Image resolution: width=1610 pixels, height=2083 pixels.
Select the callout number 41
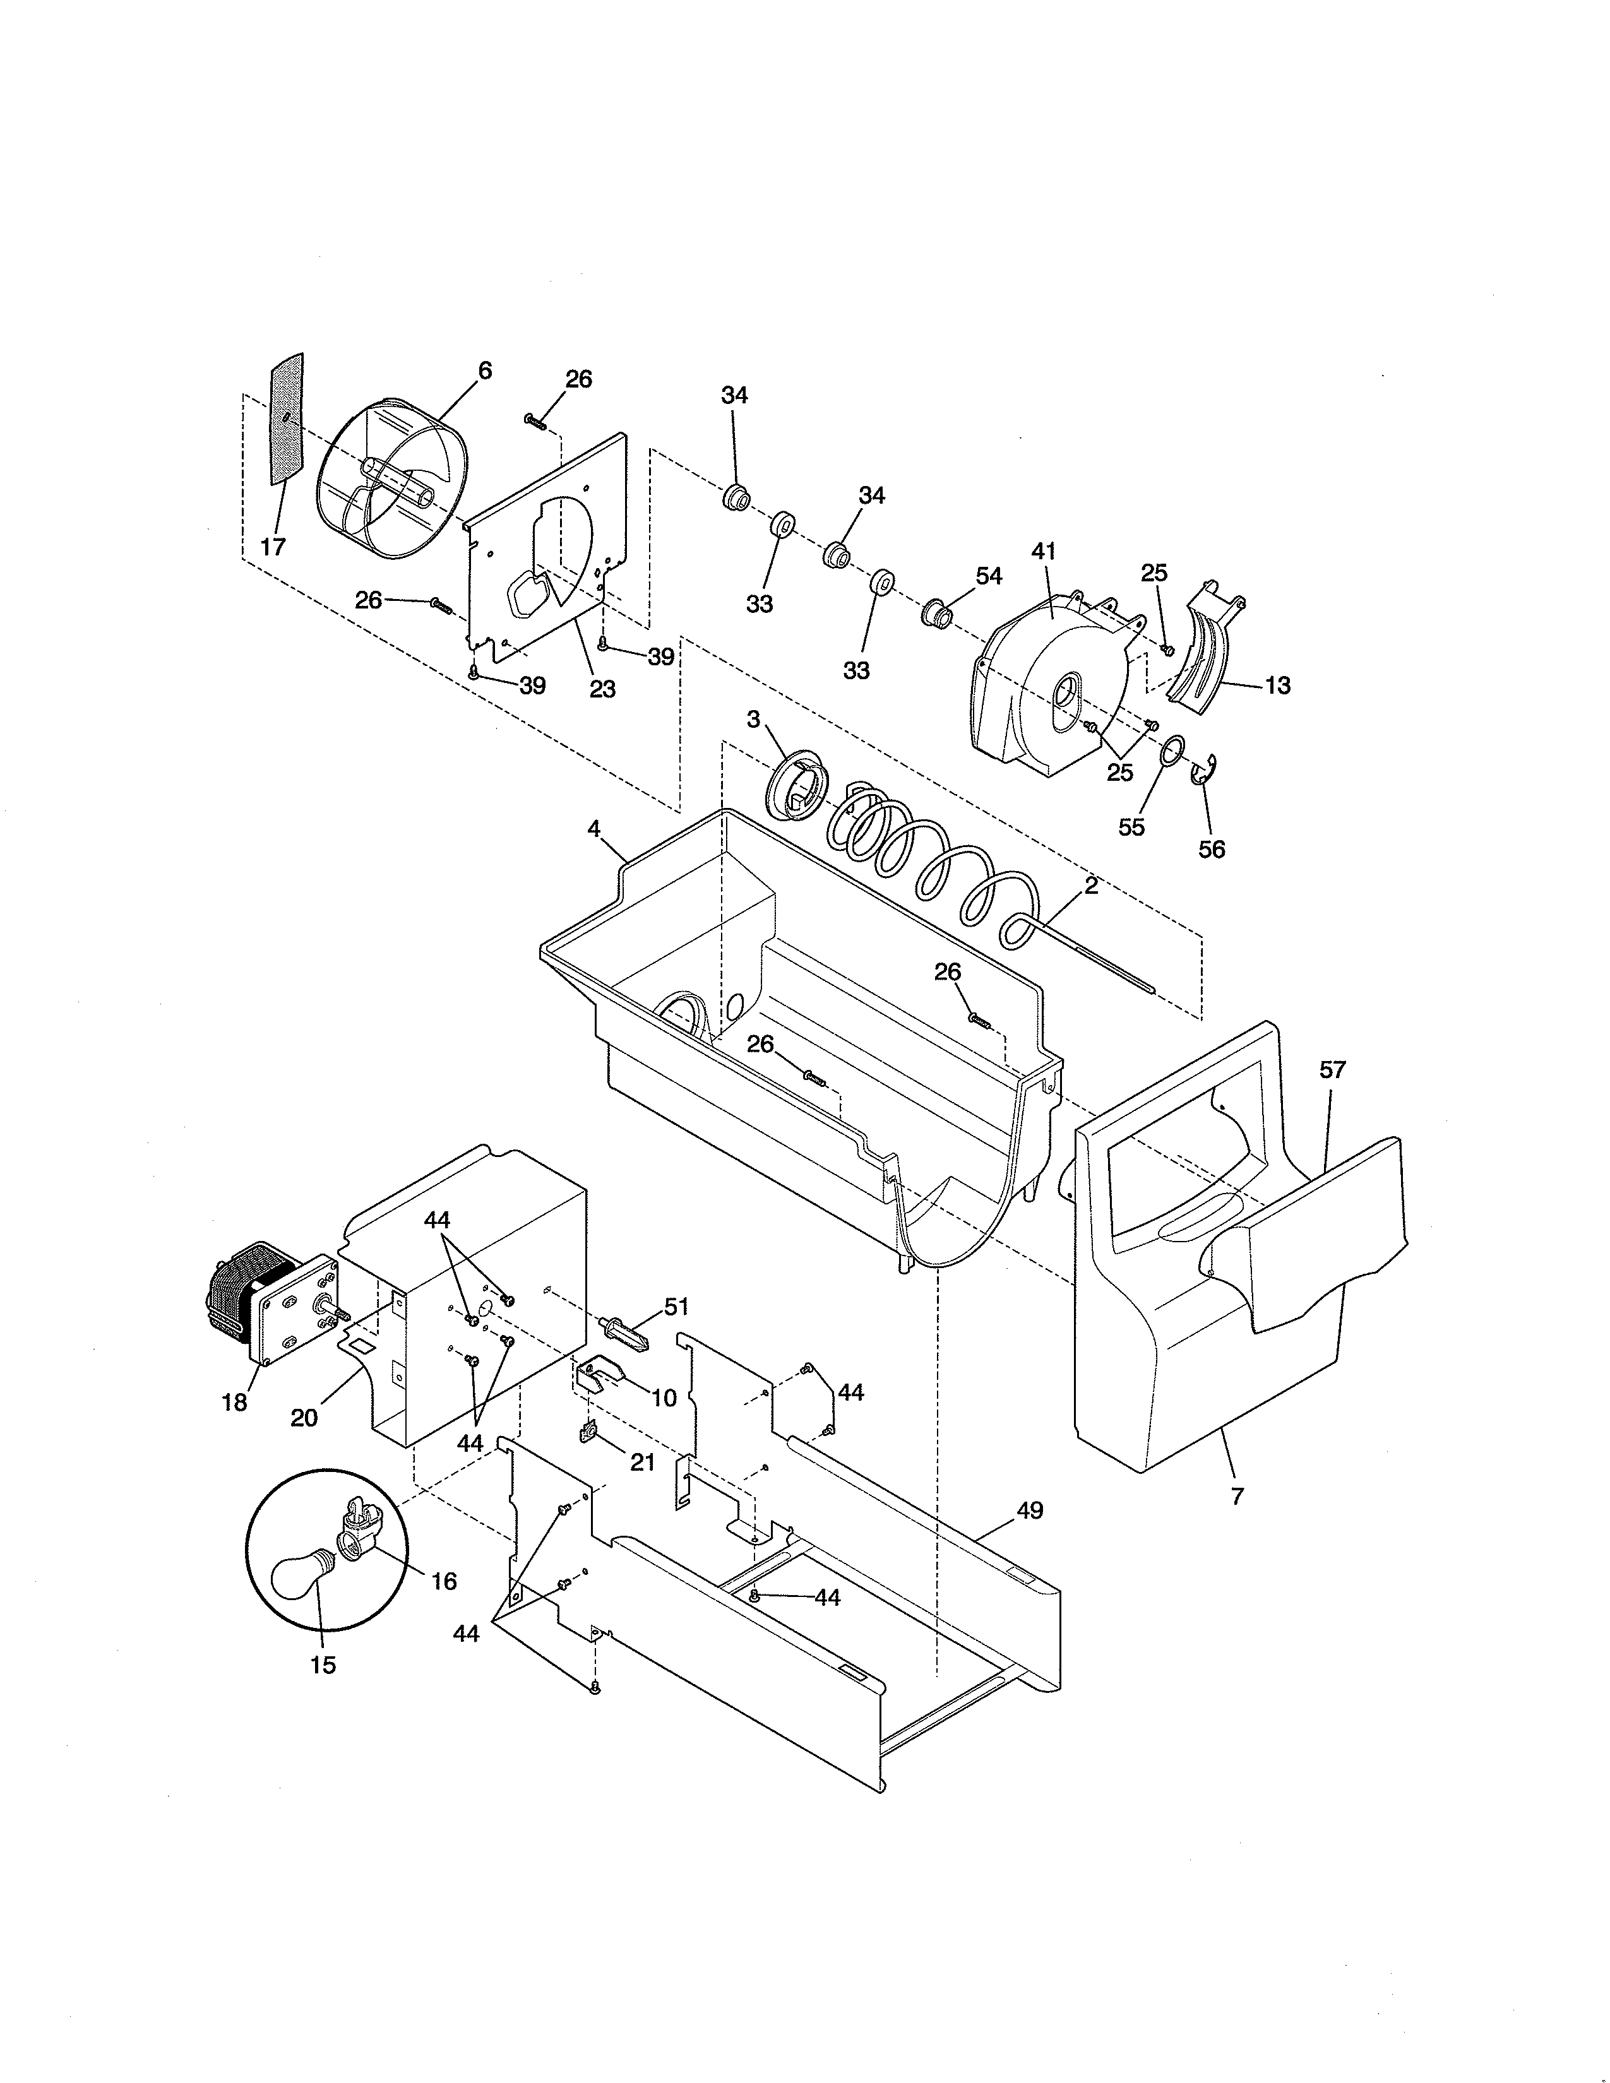1044,551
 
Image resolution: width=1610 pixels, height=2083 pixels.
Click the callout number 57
1332,1069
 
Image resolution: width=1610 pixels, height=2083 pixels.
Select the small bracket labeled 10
602,1374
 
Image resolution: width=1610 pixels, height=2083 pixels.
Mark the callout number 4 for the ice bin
594,829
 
